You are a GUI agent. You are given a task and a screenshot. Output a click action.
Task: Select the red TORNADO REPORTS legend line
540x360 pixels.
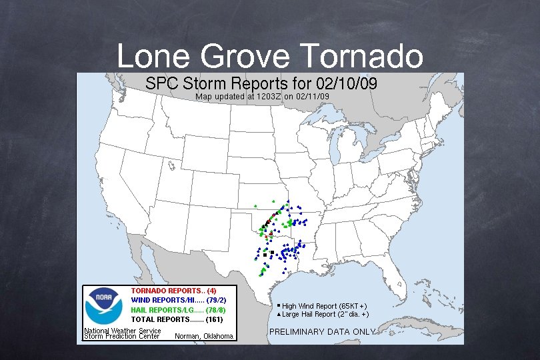173,291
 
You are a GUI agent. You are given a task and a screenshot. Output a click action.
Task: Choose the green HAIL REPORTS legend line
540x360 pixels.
178,310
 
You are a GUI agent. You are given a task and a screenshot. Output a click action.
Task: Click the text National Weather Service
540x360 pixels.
122,331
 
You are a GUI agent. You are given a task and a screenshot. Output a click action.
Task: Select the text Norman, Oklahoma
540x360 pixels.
203,336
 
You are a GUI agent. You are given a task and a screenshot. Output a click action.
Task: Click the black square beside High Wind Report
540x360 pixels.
279,305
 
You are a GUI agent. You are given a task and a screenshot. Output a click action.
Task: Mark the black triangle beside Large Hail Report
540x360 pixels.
279,313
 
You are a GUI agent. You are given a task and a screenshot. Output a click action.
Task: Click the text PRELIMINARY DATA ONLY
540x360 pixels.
321,331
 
